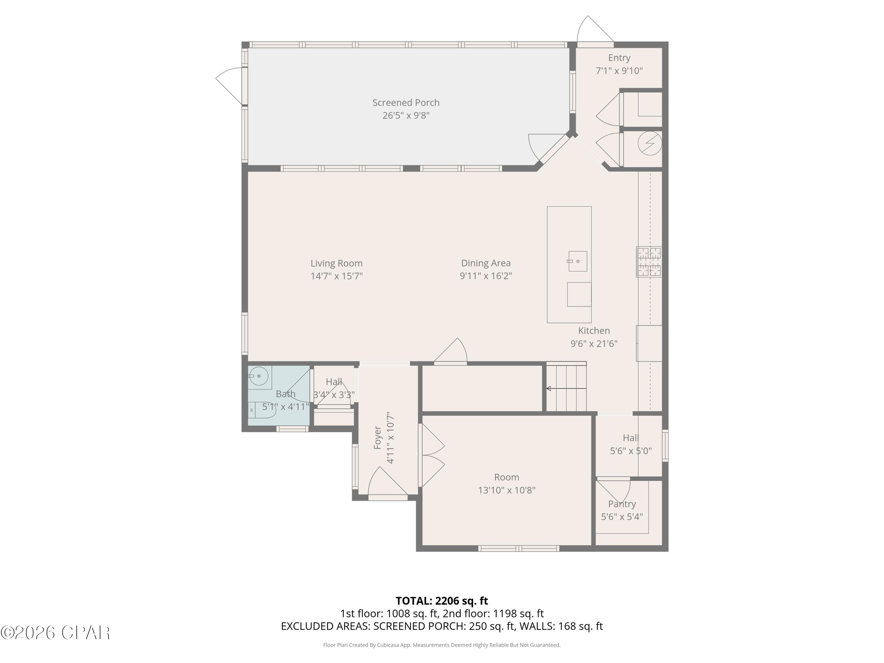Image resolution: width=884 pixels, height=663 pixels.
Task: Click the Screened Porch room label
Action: pos(406,103)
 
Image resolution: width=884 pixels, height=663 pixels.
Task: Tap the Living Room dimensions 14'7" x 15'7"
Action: pos(337,276)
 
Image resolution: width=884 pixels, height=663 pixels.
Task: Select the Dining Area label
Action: pos(486,263)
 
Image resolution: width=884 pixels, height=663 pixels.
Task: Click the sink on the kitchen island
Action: pos(578,261)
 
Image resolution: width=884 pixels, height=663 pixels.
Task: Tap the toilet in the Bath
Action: pos(262,410)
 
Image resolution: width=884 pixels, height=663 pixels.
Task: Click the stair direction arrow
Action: pos(549,388)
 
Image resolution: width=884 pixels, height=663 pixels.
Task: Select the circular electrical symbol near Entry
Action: pos(649,143)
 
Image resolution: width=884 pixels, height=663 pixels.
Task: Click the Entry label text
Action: pos(619,58)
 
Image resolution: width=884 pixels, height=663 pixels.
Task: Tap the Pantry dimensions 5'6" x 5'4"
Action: pos(622,517)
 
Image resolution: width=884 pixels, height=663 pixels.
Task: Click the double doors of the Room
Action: pos(432,456)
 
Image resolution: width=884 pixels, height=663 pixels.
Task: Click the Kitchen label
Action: pos(594,331)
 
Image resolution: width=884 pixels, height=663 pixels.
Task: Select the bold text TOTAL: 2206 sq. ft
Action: pos(442,601)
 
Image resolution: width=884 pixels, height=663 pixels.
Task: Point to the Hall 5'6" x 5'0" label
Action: pos(630,444)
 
